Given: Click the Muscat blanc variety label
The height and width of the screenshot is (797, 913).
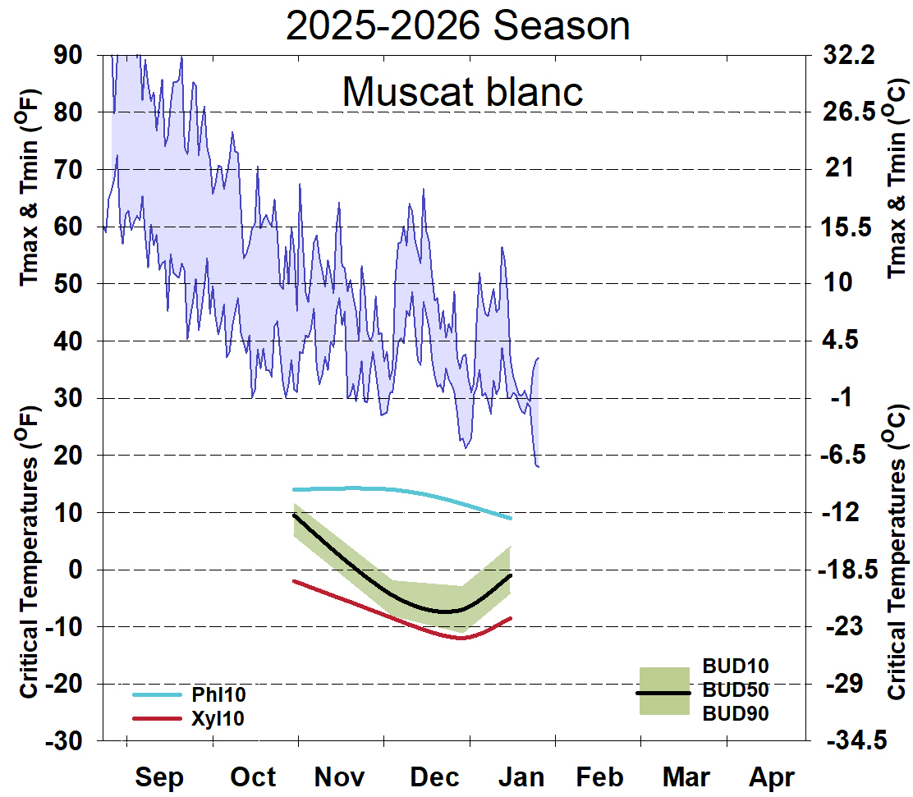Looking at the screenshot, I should [x=462, y=91].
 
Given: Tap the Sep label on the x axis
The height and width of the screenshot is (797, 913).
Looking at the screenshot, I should [x=159, y=776].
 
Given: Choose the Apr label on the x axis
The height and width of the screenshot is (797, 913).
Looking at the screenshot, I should [x=772, y=776].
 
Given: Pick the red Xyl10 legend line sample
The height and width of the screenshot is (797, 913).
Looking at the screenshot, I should [x=156, y=718].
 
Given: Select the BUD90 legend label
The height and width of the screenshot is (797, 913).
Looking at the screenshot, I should [x=736, y=714].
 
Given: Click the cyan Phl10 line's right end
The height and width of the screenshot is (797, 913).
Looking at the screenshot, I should [x=511, y=518].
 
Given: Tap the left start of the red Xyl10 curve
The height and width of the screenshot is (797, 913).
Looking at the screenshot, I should [x=294, y=580].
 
